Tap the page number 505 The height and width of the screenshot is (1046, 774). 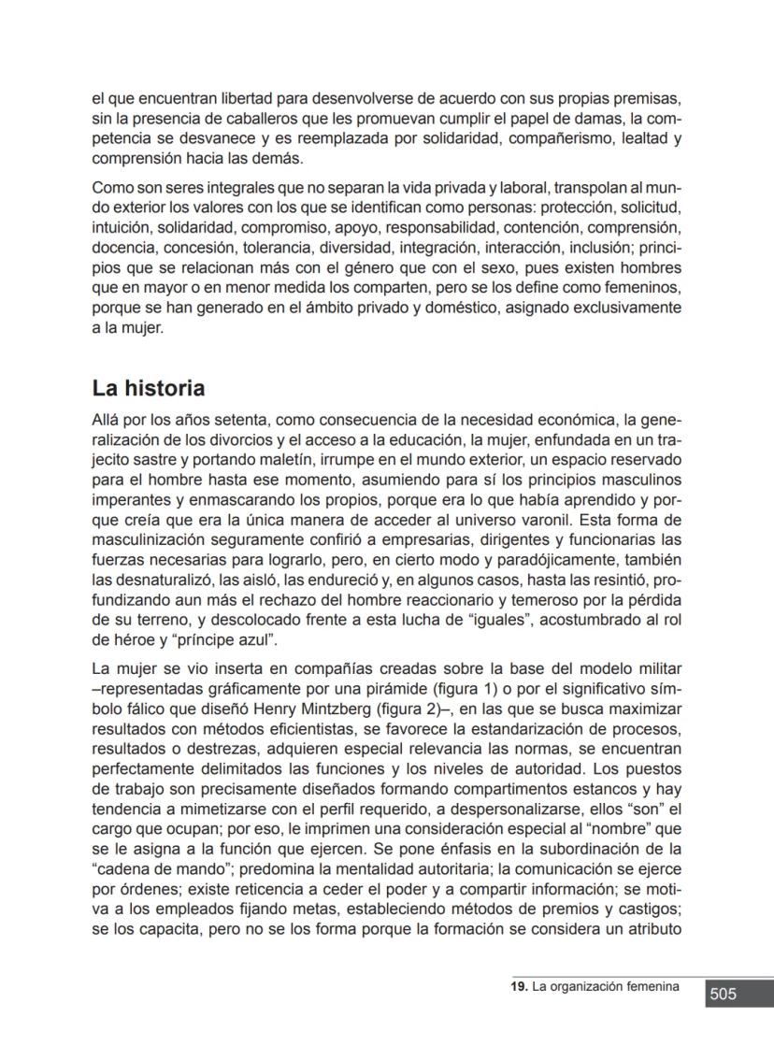pos(723,995)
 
